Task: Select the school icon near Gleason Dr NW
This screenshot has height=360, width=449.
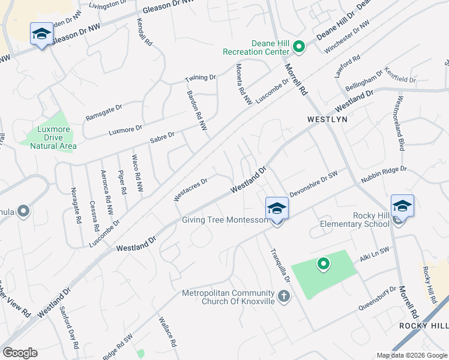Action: tap(41, 34)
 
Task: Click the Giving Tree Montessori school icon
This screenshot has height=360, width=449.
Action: tap(277, 209)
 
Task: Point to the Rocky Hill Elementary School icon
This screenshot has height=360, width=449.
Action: tap(402, 206)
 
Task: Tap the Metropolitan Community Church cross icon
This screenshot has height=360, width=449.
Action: tap(284, 296)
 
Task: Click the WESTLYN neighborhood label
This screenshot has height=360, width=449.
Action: tap(327, 119)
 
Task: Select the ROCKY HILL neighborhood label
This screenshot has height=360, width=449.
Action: tap(424, 325)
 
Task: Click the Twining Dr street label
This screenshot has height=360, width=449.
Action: tap(200, 78)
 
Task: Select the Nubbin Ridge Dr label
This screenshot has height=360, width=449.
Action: tap(384, 175)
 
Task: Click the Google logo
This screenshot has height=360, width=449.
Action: tap(20, 353)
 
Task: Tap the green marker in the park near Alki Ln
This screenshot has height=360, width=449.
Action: tap(324, 264)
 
